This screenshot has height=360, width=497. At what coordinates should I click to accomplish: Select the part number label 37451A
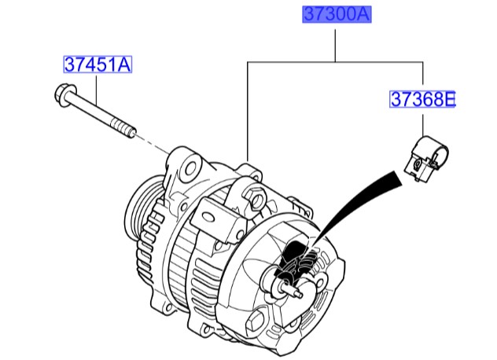coord(97,64)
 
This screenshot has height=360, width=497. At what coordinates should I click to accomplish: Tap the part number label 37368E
coord(423,99)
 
